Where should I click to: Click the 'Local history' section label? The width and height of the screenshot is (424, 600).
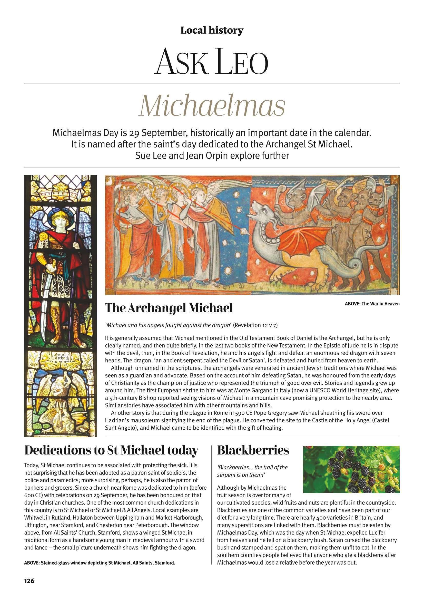point(212,31)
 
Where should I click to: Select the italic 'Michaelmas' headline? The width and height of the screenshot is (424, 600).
point(212,106)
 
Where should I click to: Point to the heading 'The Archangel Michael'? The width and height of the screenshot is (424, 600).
point(169,308)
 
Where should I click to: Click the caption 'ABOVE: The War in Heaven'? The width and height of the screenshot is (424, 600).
point(372,304)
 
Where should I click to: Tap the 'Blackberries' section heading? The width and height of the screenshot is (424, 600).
point(253,450)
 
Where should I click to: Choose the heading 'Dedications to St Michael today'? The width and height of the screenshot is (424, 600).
point(111,450)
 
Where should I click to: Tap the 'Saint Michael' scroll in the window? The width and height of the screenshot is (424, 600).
point(60,356)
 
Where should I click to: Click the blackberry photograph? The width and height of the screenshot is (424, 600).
point(351,469)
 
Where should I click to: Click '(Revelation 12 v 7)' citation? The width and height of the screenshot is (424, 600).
point(255,325)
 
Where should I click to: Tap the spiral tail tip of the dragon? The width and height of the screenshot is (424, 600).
point(354,265)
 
